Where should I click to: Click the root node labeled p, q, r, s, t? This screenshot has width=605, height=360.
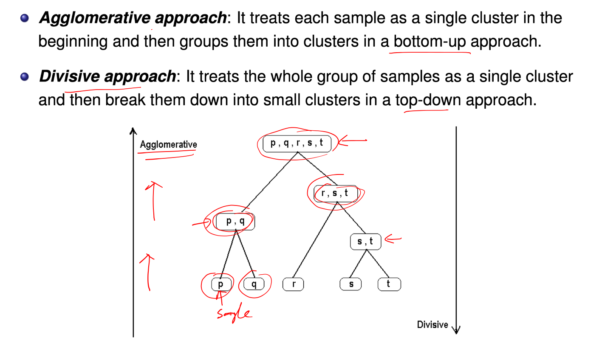pos(297,143)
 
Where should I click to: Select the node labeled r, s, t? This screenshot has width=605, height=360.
pos(335,194)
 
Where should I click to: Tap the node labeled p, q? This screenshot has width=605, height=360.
pos(235,221)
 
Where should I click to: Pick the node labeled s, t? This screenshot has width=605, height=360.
pos(365,242)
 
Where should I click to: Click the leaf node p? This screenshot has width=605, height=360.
pos(221,284)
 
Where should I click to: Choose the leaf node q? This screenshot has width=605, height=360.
pos(254,284)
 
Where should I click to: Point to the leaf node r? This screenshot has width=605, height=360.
pos(293,284)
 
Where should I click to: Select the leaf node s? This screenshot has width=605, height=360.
pos(351,284)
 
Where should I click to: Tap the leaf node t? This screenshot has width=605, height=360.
pos(389,284)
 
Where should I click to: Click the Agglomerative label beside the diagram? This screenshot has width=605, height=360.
pos(168,145)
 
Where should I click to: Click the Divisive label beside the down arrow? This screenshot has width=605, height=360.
pos(433,325)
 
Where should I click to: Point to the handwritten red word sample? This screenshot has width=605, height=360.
pos(234,314)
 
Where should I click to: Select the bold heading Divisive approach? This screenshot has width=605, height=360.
pos(107,76)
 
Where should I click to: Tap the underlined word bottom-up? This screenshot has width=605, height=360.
pos(430,42)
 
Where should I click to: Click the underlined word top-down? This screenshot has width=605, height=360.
pos(427,100)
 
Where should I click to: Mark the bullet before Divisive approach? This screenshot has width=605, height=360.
pos(25,77)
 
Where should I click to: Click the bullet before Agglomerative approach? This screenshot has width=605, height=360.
pos(25,18)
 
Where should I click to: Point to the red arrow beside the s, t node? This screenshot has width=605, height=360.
pos(393,239)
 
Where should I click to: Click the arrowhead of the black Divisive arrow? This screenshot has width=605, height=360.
pos(456,329)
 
